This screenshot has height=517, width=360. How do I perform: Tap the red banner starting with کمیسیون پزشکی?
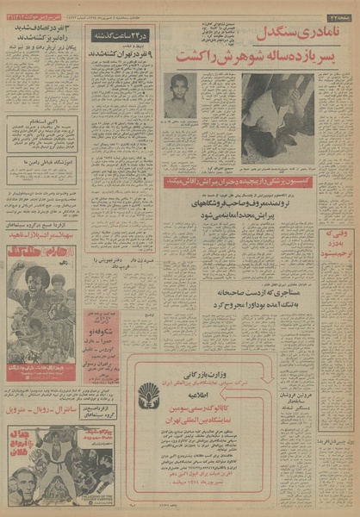tap(239, 183)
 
